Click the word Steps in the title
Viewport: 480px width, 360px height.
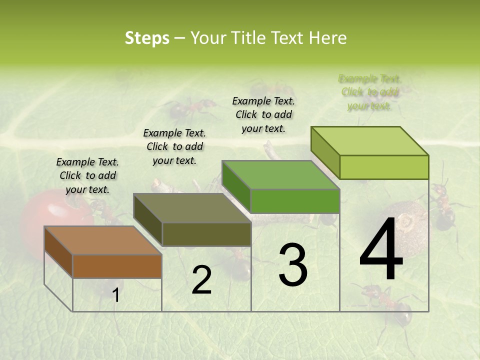[147, 38]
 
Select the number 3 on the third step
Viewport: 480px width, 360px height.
[292, 265]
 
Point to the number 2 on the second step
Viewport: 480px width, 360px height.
[201, 280]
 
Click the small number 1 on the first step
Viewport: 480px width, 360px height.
[116, 295]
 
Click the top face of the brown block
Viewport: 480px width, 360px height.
[102, 240]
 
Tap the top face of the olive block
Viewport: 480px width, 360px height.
[192, 208]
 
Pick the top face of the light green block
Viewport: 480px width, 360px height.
[370, 141]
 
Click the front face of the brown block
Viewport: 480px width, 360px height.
[117, 266]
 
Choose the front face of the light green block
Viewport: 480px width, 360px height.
[384, 167]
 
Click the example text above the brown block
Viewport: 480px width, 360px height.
[87, 175]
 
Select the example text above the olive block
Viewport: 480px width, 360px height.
[174, 146]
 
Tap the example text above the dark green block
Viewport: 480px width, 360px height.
[263, 114]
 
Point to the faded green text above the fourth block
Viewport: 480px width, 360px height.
[369, 92]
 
